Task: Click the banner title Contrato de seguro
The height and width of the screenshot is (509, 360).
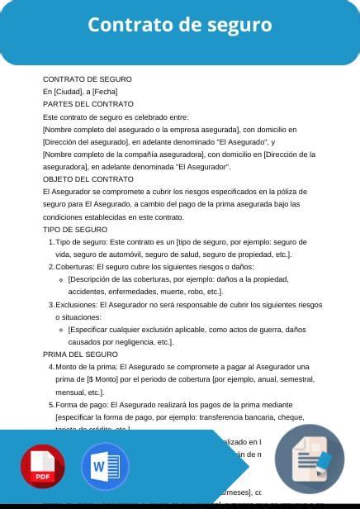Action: click(180, 26)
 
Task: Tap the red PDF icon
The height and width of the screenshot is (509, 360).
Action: click(42, 467)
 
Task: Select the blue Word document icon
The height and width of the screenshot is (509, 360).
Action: click(105, 467)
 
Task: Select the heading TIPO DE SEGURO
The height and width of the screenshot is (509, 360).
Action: click(75, 229)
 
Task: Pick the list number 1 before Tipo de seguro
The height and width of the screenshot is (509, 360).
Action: click(51, 241)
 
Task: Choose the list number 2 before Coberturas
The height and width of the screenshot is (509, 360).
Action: click(51, 267)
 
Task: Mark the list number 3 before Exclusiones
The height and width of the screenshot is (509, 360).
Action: click(51, 304)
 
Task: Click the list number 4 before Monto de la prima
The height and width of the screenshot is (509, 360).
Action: click(51, 366)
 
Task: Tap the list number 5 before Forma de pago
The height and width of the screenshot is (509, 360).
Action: click(51, 404)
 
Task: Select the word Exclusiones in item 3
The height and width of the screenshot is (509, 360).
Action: click(77, 304)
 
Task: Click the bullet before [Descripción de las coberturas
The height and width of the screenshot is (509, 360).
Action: click(62, 279)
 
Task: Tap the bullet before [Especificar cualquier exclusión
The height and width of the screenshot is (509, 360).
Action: click(62, 329)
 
